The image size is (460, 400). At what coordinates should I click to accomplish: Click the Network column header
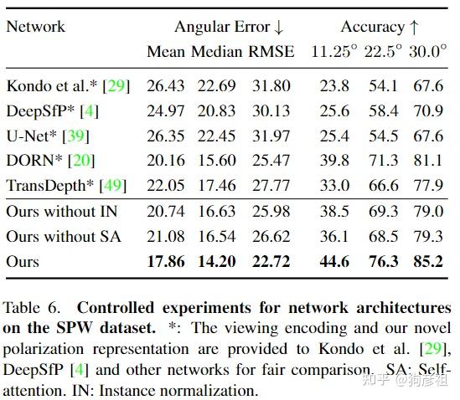(35, 26)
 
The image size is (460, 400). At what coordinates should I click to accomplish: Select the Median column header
(217, 52)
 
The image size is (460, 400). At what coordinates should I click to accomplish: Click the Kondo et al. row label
(51, 85)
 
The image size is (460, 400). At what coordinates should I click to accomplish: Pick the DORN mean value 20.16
(166, 161)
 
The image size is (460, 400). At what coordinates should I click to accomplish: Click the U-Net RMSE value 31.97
(271, 136)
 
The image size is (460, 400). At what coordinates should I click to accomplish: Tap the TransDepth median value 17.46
(217, 186)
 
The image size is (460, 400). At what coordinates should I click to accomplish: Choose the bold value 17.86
(166, 262)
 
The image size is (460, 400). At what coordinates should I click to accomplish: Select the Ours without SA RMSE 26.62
(271, 237)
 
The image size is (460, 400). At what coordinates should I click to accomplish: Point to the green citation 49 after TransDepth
(116, 186)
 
